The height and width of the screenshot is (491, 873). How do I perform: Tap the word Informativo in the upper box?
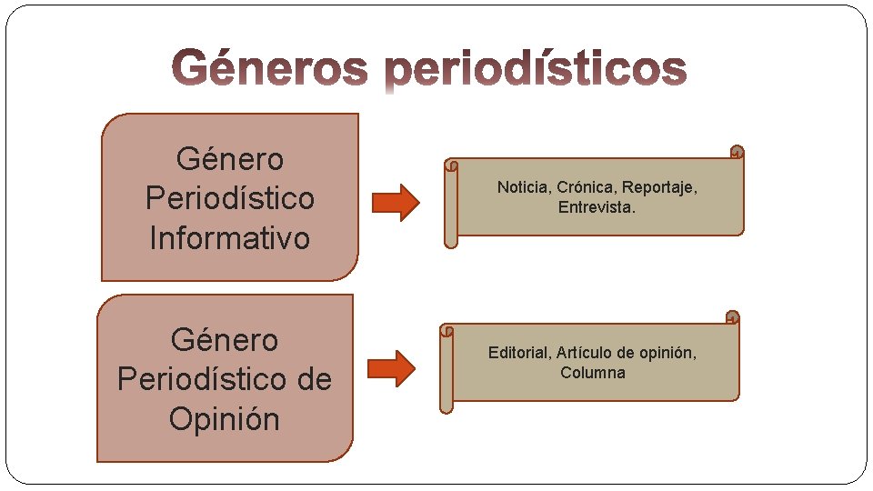pos(230,238)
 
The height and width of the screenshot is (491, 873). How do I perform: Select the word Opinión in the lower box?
pos(225,419)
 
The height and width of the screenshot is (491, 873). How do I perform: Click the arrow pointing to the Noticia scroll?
pos(397,203)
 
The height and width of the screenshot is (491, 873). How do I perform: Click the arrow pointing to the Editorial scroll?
pos(392,367)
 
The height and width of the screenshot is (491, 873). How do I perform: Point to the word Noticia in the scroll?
pos(523,187)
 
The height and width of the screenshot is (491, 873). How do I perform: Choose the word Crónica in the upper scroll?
pos(587,187)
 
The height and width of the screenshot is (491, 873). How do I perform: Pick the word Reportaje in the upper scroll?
pos(659,187)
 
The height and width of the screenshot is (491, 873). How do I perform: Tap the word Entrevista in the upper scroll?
pos(595,207)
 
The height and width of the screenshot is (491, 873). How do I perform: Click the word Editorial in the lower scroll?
pos(519,353)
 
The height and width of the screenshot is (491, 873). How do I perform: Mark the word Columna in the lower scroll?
pos(593,373)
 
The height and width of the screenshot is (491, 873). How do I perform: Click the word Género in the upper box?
pos(230,159)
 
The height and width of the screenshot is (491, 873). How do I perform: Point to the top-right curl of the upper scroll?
pos(738,153)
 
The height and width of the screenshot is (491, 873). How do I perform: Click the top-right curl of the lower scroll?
pos(733,317)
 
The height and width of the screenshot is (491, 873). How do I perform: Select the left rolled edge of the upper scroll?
pos(451,205)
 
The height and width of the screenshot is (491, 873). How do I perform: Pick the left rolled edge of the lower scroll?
pos(446,369)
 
